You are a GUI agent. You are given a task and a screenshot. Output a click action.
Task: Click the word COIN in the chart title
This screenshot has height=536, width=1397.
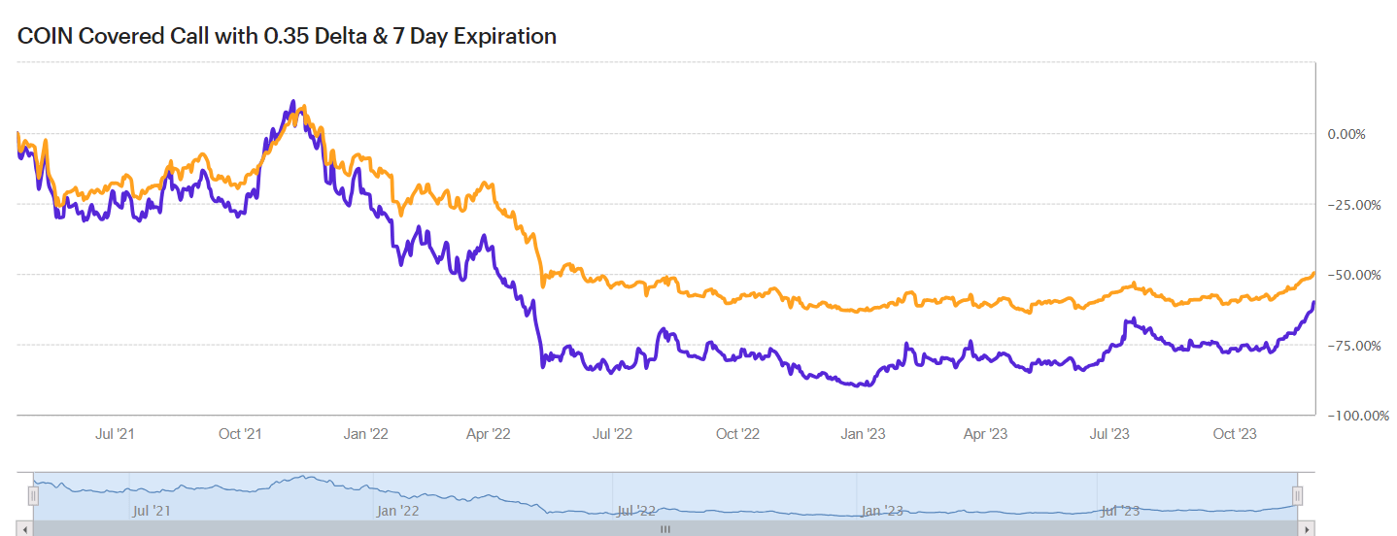[44, 37]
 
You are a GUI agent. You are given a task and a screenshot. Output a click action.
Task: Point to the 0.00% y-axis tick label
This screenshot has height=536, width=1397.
[1346, 134]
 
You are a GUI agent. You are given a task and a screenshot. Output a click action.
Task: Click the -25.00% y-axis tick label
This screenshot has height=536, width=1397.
[1353, 205]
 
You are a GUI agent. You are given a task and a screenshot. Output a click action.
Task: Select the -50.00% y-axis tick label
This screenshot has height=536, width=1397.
[1353, 275]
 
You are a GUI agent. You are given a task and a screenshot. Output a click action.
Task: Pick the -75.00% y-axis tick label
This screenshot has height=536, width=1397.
[1353, 346]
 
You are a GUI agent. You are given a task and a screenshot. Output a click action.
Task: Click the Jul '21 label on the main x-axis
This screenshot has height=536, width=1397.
[116, 434]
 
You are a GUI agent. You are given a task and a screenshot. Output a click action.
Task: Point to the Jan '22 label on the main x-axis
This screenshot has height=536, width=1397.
[366, 434]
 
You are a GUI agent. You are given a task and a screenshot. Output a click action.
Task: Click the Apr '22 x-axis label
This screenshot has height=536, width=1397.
[489, 434]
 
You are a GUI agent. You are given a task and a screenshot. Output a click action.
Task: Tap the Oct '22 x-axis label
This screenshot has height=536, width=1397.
[737, 434]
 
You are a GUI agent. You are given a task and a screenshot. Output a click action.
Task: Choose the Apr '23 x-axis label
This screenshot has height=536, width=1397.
[986, 434]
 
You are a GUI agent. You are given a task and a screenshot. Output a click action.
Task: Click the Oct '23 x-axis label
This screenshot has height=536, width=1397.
[1235, 434]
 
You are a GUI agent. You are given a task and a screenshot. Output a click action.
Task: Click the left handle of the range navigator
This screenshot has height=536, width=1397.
[33, 496]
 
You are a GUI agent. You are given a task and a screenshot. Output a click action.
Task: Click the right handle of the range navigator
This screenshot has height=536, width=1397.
[1297, 496]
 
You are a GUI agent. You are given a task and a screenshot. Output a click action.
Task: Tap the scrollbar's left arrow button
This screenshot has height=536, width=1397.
[24, 529]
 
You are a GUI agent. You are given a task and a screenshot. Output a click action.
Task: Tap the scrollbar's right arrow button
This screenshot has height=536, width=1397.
[1308, 529]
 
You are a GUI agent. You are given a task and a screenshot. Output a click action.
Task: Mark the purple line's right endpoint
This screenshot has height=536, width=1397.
[1313, 303]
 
